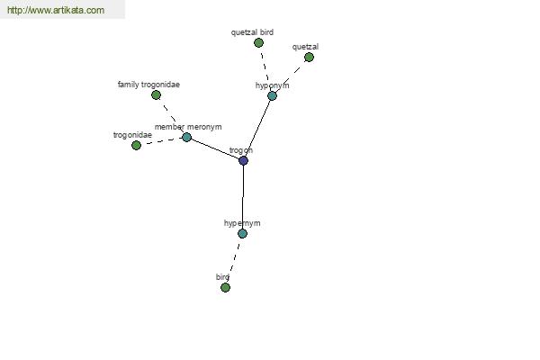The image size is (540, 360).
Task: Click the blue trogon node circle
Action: click(x=244, y=160)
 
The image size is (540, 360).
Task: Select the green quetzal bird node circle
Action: click(x=258, y=42)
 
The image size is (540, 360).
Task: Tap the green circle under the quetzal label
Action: click(x=310, y=58)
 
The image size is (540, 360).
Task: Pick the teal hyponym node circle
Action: click(x=272, y=95)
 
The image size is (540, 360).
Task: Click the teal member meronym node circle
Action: click(x=186, y=137)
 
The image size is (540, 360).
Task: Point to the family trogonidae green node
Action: click(x=156, y=94)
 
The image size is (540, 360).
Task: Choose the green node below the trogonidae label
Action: click(x=137, y=146)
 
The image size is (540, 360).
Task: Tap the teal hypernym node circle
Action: click(x=242, y=234)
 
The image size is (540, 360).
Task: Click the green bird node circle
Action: click(x=225, y=287)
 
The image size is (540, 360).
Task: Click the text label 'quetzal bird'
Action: click(x=252, y=32)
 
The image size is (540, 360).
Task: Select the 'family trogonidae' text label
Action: click(x=148, y=85)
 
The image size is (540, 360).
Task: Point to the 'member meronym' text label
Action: click(x=188, y=127)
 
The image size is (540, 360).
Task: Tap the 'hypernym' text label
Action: click(x=242, y=223)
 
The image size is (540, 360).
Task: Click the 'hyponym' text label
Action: click(x=272, y=85)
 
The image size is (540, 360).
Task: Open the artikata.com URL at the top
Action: click(x=56, y=10)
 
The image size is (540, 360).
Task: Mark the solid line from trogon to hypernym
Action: click(x=243, y=197)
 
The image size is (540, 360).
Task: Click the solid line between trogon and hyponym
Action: click(x=258, y=128)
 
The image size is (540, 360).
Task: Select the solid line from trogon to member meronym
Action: click(x=215, y=148)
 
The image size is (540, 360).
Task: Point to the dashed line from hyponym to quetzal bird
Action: click(x=265, y=70)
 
